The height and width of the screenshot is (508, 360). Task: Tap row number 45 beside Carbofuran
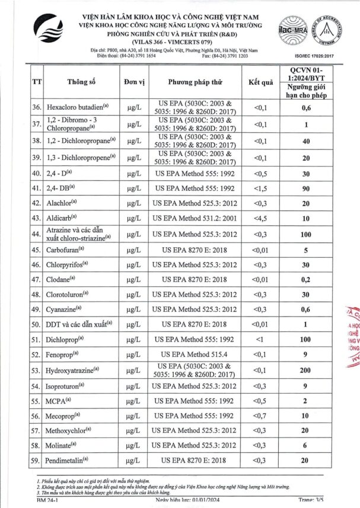pyautogui.click(x=37, y=250)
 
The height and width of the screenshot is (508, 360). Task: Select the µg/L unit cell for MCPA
pyautogui.click(x=132, y=401)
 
